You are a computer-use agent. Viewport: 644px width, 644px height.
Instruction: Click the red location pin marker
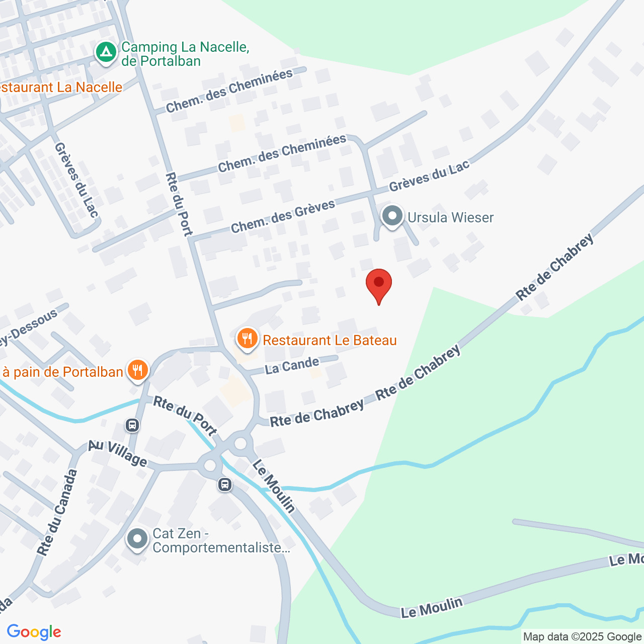[x=379, y=284]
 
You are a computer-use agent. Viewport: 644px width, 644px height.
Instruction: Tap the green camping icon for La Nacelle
[x=106, y=52]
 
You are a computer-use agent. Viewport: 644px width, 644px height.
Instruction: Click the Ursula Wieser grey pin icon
[x=392, y=216]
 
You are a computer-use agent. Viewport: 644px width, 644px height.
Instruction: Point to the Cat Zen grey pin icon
[x=137, y=539]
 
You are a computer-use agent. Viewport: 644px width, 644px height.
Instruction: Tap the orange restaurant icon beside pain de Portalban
[x=137, y=370]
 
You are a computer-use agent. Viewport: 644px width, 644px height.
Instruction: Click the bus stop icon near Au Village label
[x=132, y=426]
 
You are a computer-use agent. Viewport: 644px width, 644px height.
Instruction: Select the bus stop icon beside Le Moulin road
[x=225, y=485]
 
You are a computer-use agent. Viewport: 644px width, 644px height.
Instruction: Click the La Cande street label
[x=292, y=366]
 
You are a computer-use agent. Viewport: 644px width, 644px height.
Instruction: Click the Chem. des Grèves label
[x=283, y=217]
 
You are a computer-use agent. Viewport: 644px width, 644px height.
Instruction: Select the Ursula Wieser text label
[x=450, y=217]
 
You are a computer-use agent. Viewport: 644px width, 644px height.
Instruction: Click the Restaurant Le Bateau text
[x=330, y=341]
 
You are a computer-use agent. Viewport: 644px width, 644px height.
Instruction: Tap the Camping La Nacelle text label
[x=185, y=54]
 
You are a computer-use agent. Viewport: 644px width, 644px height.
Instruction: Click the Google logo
[x=34, y=632]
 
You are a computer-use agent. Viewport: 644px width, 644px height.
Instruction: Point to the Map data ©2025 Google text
[x=582, y=636]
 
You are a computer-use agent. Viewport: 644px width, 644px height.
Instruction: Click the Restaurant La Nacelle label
[x=60, y=87]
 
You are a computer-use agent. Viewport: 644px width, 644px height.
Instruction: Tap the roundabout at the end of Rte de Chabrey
[x=240, y=443]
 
